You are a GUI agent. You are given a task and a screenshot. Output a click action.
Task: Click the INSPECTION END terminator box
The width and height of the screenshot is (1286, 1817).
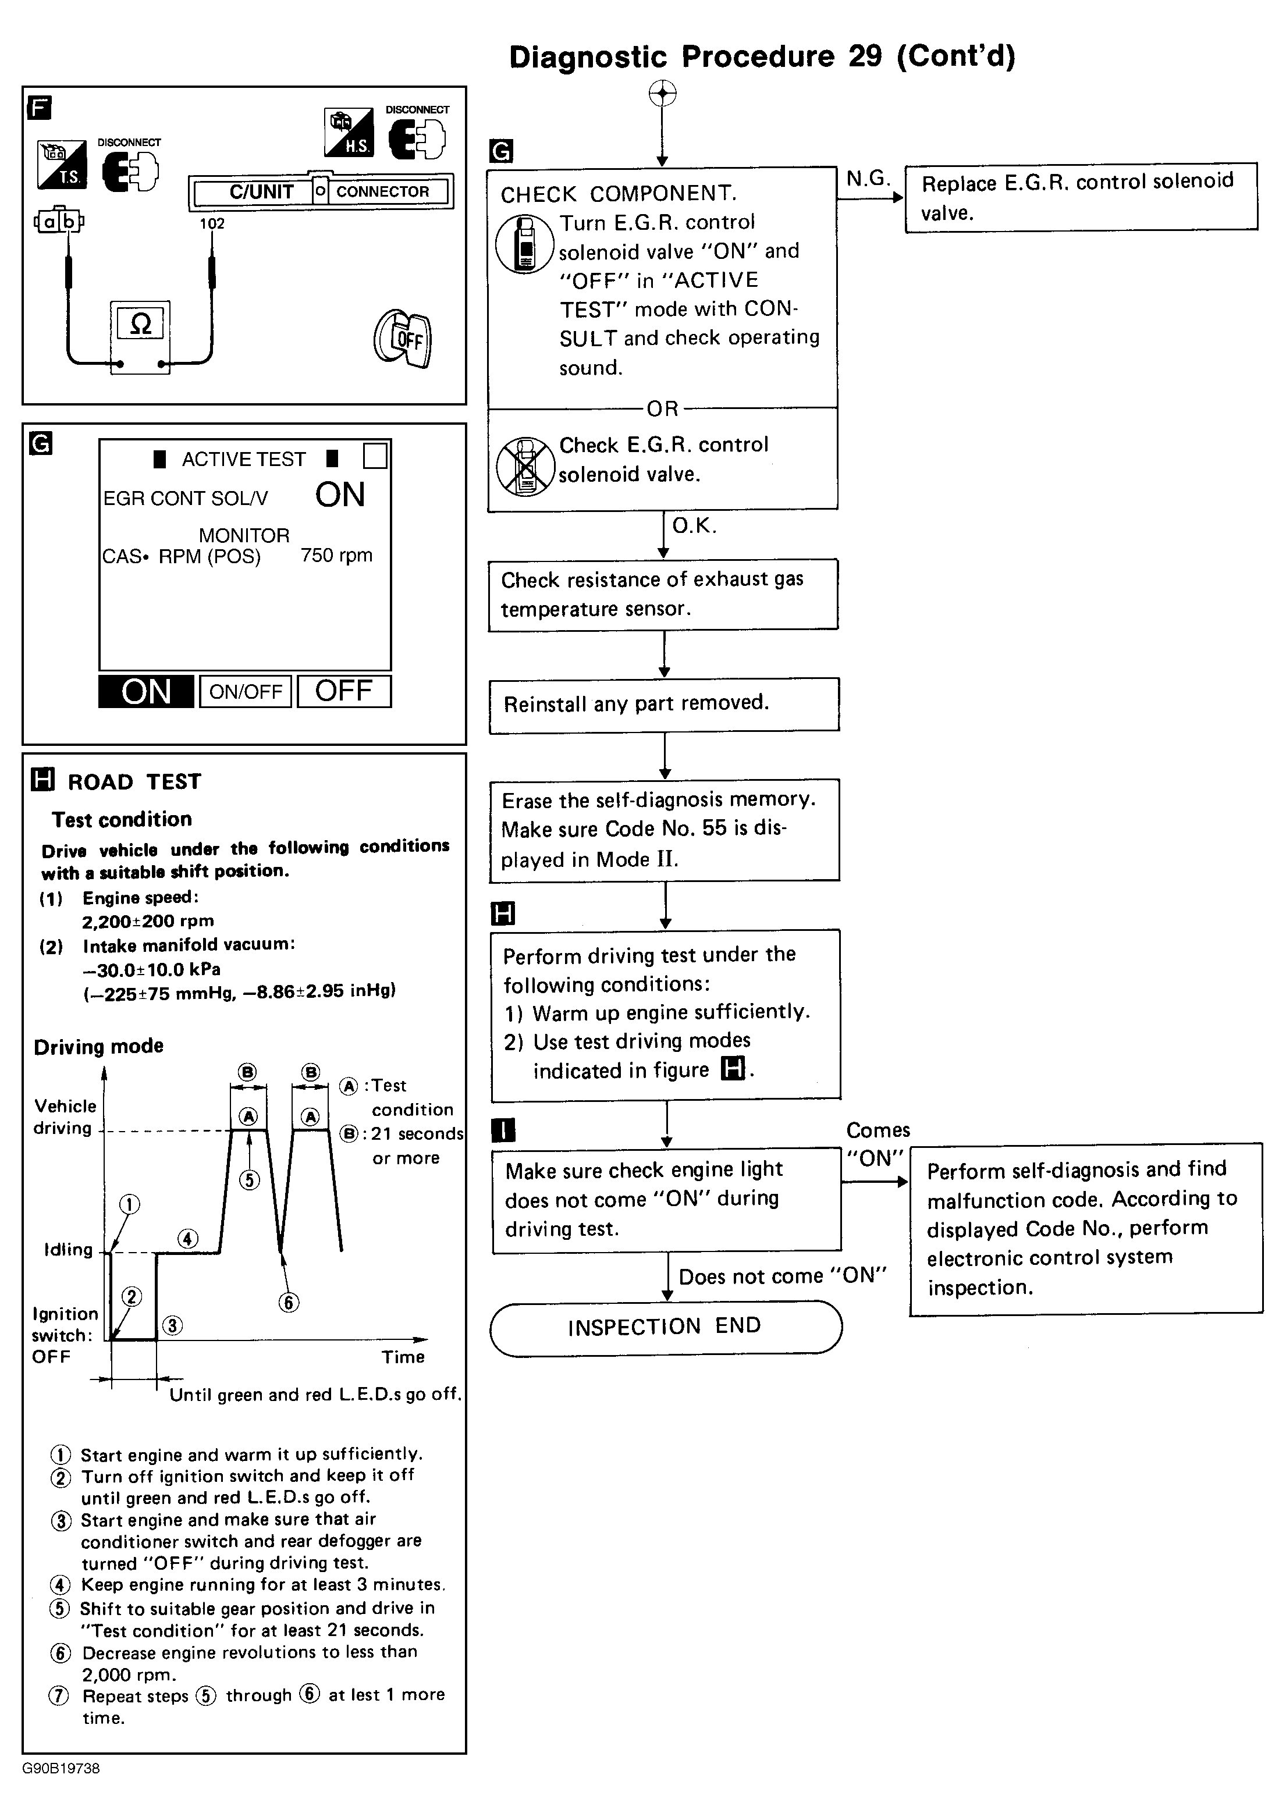tap(665, 1327)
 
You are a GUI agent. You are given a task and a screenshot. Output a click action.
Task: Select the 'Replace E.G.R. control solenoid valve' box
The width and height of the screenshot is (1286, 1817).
tap(1081, 197)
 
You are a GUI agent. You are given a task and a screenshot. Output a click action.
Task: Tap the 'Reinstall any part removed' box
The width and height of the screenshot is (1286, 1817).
tap(663, 704)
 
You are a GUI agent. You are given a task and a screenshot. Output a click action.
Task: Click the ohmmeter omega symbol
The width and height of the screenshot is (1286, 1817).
tap(140, 323)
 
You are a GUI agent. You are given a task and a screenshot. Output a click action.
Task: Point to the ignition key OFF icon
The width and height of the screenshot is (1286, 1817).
tap(404, 339)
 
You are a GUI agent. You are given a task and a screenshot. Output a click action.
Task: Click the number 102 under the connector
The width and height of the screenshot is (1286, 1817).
tap(212, 223)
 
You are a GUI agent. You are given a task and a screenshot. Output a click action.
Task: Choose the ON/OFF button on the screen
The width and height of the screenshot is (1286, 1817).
tap(246, 691)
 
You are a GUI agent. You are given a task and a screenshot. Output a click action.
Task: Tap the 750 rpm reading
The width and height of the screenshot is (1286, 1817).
tap(336, 555)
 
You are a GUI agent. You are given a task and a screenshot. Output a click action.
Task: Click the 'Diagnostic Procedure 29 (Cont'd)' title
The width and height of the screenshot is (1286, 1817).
tap(762, 56)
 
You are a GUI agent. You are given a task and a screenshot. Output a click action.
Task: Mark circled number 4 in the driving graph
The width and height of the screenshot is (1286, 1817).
tap(188, 1238)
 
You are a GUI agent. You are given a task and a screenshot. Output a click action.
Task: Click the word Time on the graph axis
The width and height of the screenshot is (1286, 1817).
tap(403, 1357)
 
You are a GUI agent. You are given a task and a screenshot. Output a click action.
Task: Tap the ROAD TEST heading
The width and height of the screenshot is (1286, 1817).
tap(134, 781)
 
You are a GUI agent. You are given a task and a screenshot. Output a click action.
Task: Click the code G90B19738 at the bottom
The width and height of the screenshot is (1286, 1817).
tap(62, 1768)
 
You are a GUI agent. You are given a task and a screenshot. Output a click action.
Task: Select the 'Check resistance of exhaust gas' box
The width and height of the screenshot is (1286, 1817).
tap(663, 595)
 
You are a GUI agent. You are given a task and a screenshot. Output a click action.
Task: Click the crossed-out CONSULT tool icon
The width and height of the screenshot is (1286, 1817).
tap(524, 467)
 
